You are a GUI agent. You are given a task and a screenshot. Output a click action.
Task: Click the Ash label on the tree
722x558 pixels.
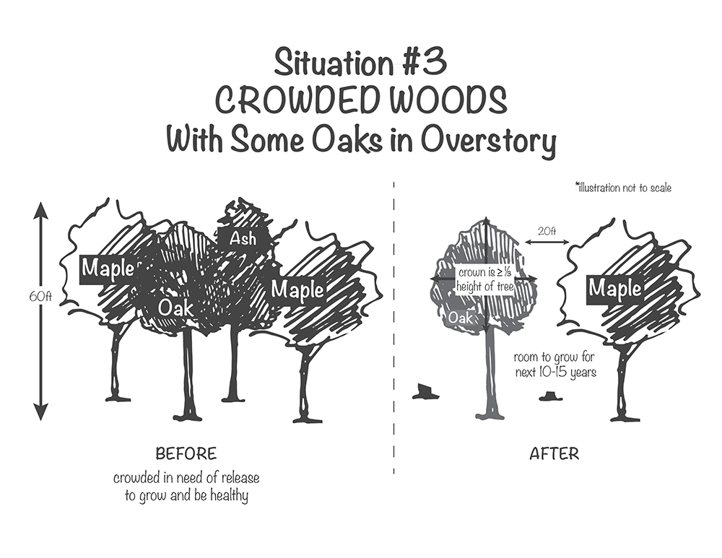coord(243,238)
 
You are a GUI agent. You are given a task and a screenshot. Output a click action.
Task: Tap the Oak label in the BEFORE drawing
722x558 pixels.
coord(176,308)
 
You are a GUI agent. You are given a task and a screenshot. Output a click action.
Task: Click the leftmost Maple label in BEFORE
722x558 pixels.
coord(107,269)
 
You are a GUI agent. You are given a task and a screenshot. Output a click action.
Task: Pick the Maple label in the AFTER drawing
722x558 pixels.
coord(614,289)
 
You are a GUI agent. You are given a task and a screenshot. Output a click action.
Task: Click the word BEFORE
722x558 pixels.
coord(186,454)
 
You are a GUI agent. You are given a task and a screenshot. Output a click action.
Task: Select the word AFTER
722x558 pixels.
coord(554,454)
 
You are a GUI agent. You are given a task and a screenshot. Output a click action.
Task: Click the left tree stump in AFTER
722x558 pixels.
coord(424,393)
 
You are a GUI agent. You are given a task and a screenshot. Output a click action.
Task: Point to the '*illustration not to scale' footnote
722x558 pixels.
coord(623,188)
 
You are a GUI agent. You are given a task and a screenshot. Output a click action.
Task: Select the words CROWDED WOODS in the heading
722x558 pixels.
coord(361,101)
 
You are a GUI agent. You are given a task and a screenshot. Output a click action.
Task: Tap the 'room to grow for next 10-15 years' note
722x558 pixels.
coord(554,365)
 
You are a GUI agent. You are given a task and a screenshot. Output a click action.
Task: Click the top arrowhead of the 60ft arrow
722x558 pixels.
coord(40,210)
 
